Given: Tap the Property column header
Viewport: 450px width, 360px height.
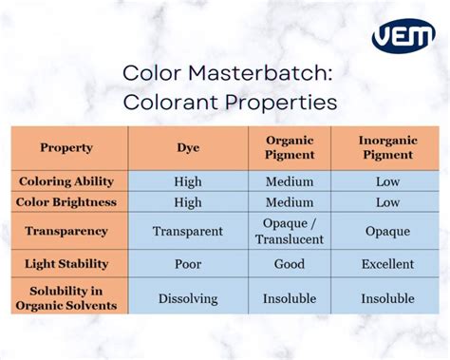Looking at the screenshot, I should (x=66, y=147).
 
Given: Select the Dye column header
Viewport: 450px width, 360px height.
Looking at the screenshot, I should (x=188, y=147).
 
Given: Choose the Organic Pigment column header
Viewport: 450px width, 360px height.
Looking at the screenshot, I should (x=289, y=147).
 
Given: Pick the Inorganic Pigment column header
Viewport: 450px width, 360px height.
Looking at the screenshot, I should (x=387, y=147).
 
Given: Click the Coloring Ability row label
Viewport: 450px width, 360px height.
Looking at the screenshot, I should (x=66, y=180).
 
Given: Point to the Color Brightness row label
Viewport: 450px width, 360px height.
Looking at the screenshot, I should (x=66, y=202).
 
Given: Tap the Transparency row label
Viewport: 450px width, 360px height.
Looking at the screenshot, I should (x=66, y=231).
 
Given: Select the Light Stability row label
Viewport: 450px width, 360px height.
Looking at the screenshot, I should (x=66, y=263).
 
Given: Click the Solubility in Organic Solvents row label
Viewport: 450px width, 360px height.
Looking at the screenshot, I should (x=66, y=297).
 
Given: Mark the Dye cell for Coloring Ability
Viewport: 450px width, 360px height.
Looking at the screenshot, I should (x=188, y=180).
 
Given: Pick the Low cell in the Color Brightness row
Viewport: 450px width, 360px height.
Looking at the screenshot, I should (x=387, y=202).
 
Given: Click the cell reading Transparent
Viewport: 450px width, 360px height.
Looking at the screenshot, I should (x=188, y=231).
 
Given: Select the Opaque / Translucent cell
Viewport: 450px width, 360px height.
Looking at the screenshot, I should (x=289, y=231).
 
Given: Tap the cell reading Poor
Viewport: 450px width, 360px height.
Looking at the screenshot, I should (x=188, y=263).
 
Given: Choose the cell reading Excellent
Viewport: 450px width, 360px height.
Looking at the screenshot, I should (x=387, y=263).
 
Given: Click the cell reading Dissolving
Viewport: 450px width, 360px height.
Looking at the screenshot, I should (x=188, y=298).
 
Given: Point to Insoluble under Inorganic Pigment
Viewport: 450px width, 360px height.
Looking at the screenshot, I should (x=387, y=298).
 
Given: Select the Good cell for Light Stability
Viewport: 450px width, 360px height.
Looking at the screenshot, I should (x=289, y=263).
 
